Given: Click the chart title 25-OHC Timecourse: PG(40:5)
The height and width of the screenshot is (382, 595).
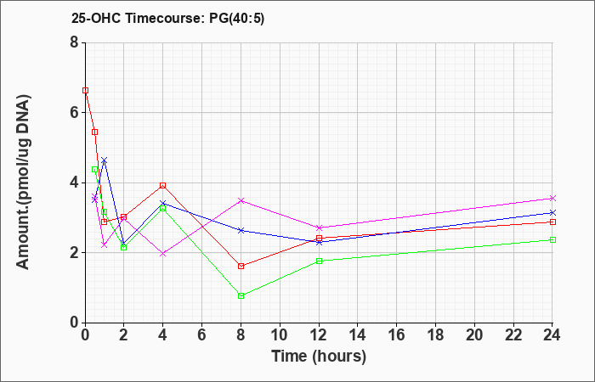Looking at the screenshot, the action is pyautogui.click(x=167, y=19).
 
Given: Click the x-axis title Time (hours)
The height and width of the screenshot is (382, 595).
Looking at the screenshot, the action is pyautogui.click(x=319, y=357).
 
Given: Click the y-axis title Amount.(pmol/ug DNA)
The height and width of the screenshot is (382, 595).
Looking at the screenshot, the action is pyautogui.click(x=24, y=183).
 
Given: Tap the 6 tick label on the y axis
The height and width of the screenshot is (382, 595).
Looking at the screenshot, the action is pyautogui.click(x=74, y=113).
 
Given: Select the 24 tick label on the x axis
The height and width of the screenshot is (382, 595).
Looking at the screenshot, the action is pyautogui.click(x=552, y=335).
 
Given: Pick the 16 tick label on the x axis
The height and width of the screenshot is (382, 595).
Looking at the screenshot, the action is pyautogui.click(x=396, y=335).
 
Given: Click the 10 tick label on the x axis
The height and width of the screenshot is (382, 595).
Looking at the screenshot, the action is pyautogui.click(x=280, y=335).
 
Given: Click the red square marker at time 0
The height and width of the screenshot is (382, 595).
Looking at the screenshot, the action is pyautogui.click(x=85, y=91).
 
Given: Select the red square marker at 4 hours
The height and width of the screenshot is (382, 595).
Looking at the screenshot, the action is pyautogui.click(x=163, y=185).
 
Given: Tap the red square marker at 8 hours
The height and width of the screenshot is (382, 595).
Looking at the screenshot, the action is pyautogui.click(x=241, y=266).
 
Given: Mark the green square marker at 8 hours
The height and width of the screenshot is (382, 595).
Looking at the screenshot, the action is pyautogui.click(x=241, y=295).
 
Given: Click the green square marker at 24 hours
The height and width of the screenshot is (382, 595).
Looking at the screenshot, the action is pyautogui.click(x=552, y=240).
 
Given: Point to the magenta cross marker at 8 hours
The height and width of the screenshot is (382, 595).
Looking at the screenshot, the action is pyautogui.click(x=241, y=200).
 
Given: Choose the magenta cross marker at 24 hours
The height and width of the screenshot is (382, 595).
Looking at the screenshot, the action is pyautogui.click(x=552, y=198).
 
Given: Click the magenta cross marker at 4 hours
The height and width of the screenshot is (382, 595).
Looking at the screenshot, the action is pyautogui.click(x=163, y=254).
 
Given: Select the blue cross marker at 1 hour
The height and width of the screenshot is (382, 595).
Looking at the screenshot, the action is pyautogui.click(x=105, y=160).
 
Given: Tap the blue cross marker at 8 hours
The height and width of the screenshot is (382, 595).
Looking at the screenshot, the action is pyautogui.click(x=241, y=230).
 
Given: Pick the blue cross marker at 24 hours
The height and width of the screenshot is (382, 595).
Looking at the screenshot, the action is pyautogui.click(x=552, y=212).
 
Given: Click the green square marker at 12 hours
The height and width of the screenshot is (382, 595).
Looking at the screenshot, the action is pyautogui.click(x=319, y=261).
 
